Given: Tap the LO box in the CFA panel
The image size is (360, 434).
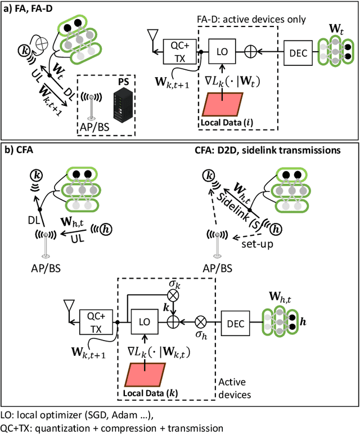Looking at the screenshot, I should (x=144, y=325).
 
